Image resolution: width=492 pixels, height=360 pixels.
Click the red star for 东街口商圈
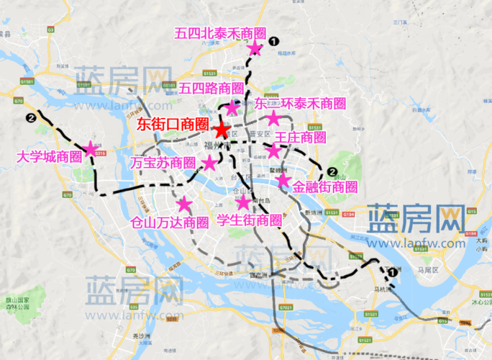(221, 130)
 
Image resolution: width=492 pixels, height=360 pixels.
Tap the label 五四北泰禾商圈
(221, 33)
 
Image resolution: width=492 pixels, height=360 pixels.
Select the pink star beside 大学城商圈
(91, 149)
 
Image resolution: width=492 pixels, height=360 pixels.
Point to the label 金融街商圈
(325, 186)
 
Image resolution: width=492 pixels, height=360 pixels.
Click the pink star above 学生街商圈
(243, 202)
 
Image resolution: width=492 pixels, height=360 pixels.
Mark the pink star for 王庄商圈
(273, 151)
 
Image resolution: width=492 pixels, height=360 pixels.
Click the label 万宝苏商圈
(163, 163)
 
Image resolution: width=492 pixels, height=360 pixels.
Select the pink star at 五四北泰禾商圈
(255, 48)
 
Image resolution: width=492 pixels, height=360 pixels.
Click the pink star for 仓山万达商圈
(185, 204)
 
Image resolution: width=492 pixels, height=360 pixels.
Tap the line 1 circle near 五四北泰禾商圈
(274, 42)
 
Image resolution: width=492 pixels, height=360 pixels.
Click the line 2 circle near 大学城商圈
(30, 119)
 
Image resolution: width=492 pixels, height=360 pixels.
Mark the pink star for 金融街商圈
(283, 179)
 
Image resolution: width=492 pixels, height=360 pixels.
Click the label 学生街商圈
(249, 220)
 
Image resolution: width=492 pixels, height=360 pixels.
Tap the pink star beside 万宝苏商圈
(209, 163)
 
